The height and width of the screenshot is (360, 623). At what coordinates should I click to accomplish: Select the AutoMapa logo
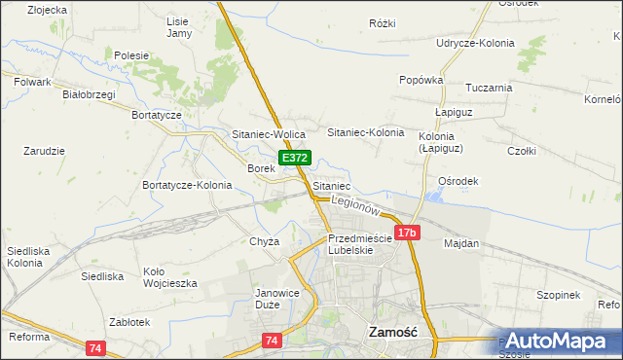click(x=558, y=341)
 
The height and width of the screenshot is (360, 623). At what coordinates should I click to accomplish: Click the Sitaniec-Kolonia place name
click(x=365, y=131)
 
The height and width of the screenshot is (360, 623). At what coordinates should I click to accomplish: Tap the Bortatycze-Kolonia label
click(x=187, y=185)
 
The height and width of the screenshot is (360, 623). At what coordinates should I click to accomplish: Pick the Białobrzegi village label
click(x=89, y=94)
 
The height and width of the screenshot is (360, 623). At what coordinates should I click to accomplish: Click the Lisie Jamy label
click(x=179, y=27)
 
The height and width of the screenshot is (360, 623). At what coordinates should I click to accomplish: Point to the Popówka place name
click(x=421, y=80)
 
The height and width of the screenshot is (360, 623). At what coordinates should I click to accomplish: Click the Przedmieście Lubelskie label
click(x=359, y=243)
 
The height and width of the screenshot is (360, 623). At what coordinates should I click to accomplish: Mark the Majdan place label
click(x=461, y=243)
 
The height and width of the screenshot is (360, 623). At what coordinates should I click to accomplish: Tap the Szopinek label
click(x=558, y=295)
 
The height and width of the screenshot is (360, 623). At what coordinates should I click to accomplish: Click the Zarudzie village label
click(x=44, y=151)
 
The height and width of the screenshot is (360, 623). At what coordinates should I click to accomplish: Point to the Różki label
click(x=383, y=23)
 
